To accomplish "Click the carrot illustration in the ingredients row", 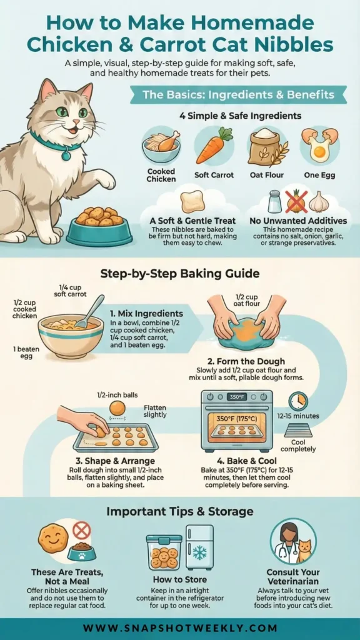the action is (x=214, y=145).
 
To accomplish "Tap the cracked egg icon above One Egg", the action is (x=319, y=144).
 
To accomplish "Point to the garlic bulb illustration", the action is (x=319, y=201).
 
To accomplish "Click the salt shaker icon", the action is (x=274, y=201).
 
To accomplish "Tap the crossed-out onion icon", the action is (x=296, y=201).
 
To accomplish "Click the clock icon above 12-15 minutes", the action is (x=298, y=401).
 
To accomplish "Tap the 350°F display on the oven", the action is (x=237, y=396).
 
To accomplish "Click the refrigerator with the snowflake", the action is (x=199, y=547).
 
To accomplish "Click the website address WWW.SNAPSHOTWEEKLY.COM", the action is (x=180, y=627).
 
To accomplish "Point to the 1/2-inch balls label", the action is (x=117, y=395).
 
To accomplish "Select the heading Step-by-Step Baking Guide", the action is (x=180, y=273).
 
